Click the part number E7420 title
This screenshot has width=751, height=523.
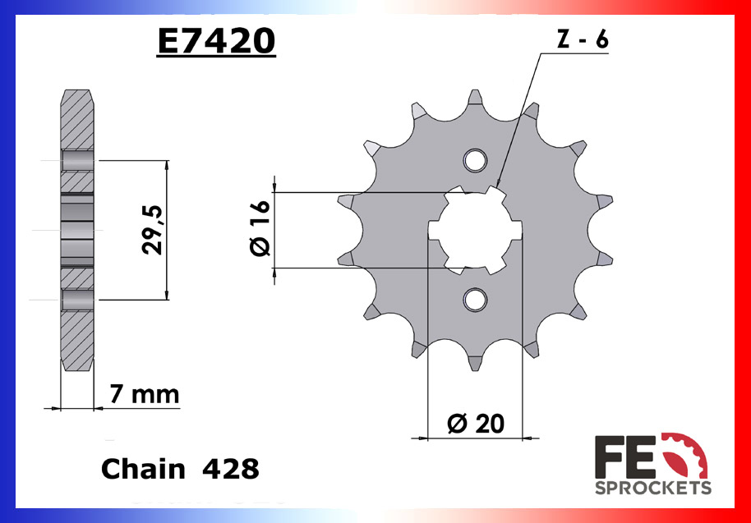pos(216,40)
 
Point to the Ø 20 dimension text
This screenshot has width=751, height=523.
pos(476,424)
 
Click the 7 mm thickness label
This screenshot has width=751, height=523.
pos(144,395)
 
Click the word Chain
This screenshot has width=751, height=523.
pos(143,469)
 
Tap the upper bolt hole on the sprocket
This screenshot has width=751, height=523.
pos(474,160)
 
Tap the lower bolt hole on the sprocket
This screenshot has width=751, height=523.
pos(474,300)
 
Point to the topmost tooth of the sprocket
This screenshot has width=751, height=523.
pos(475,99)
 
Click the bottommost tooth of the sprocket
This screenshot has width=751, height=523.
pos(476,361)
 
